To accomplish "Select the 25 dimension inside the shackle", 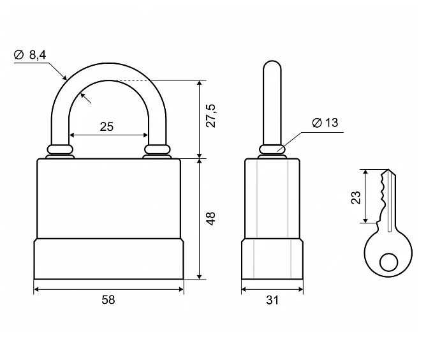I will pyautogui.click(x=106, y=126).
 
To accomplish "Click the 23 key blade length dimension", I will pyautogui.click(x=355, y=198).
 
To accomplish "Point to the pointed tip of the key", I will pyautogui.click(x=388, y=172).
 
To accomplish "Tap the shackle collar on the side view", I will pyautogui.click(x=272, y=150).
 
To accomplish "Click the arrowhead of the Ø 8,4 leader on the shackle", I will pyautogui.click(x=66, y=78).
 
